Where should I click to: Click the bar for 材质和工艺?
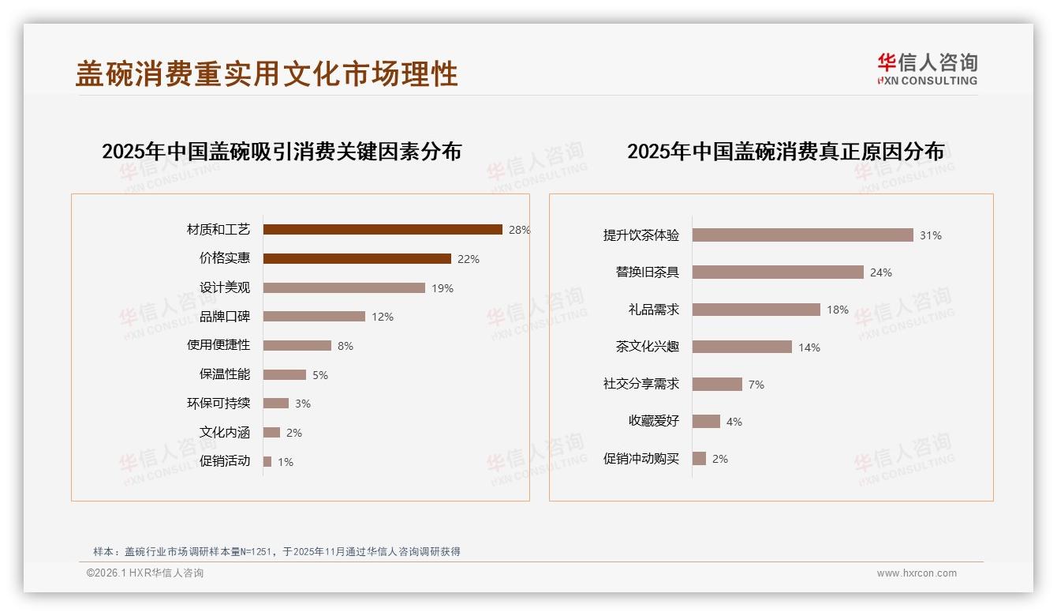click(x=383, y=230)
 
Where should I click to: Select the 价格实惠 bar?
click(x=357, y=259)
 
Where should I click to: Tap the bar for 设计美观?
click(x=344, y=288)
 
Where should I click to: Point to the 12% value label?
click(x=383, y=317)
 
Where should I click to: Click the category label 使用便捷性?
click(x=218, y=345)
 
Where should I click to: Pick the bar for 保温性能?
click(x=284, y=375)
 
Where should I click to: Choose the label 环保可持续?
click(x=218, y=404)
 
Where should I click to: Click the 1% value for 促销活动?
click(x=285, y=462)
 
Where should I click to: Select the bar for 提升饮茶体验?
click(x=802, y=235)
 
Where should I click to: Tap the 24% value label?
click(x=880, y=272)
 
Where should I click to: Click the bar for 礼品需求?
click(x=756, y=310)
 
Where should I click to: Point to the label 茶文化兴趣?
click(x=647, y=347)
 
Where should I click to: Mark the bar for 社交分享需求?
click(x=717, y=385)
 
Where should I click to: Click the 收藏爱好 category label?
click(x=653, y=422)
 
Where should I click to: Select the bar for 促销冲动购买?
click(x=699, y=459)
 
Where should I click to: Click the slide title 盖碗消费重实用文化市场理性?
click(x=267, y=74)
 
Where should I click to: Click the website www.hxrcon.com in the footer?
click(x=917, y=573)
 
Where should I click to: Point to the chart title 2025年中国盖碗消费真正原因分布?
click(x=786, y=152)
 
